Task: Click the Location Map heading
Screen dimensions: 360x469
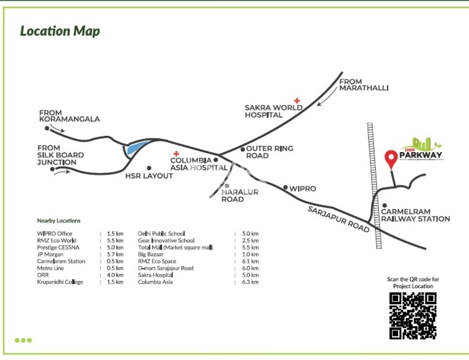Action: pyautogui.click(x=60, y=31)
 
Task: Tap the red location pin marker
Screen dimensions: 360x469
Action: pyautogui.click(x=391, y=159)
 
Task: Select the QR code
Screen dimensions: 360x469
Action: pyautogui.click(x=413, y=315)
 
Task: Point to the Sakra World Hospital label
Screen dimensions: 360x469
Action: pyautogui.click(x=273, y=110)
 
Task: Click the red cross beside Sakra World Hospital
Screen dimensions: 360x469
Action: pyautogui.click(x=298, y=100)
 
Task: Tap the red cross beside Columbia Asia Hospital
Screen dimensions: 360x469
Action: pyautogui.click(x=176, y=154)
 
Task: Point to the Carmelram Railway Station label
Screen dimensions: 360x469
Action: pyautogui.click(x=415, y=215)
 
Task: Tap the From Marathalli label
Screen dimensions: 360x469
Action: pyautogui.click(x=363, y=85)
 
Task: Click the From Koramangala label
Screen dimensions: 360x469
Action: pyautogui.click(x=69, y=115)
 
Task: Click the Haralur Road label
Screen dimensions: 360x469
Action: pyautogui.click(x=240, y=196)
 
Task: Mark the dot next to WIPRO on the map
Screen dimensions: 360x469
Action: pyautogui.click(x=285, y=187)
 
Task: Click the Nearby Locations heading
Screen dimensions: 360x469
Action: pyautogui.click(x=58, y=221)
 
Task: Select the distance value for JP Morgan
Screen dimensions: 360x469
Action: pyautogui.click(x=115, y=254)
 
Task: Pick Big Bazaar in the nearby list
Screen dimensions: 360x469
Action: pyautogui.click(x=152, y=254)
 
